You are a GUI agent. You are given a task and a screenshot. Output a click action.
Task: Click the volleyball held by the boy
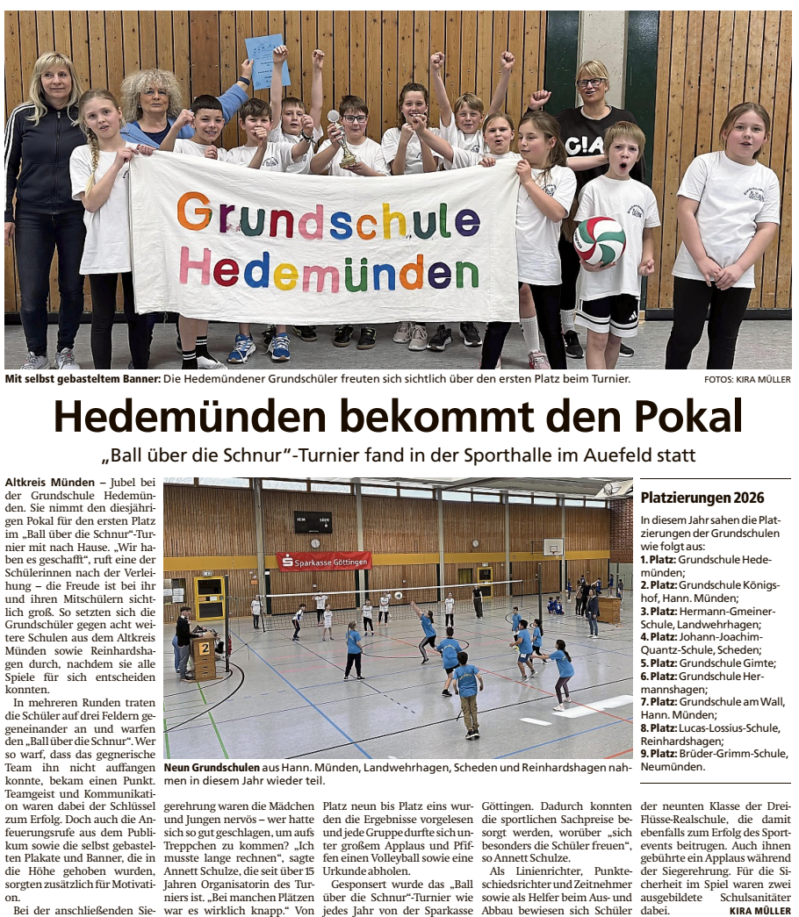(x=599, y=240)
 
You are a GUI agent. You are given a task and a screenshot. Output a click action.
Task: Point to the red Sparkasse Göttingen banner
(x=324, y=561)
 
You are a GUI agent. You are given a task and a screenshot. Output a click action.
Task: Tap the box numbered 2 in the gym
(x=204, y=648)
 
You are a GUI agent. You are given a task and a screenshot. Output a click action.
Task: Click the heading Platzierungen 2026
(x=702, y=498)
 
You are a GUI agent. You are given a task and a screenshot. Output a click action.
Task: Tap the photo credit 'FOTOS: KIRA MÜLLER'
(x=746, y=379)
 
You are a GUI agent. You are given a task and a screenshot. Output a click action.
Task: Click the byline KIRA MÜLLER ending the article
(x=759, y=911)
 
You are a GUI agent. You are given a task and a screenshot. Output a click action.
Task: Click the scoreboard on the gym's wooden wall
(x=313, y=521)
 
